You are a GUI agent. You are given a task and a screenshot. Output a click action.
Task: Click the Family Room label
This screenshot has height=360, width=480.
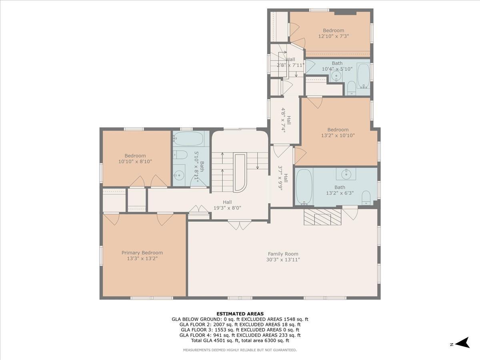(283, 254)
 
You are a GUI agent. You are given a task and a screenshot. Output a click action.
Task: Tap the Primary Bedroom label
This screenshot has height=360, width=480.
(142, 252)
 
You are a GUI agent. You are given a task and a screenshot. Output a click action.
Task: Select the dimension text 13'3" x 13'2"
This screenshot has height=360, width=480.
(142, 258)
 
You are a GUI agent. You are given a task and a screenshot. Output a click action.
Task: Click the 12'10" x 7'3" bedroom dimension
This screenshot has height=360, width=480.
(333, 36)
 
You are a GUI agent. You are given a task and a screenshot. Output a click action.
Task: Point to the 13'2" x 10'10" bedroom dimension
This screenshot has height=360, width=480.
(338, 135)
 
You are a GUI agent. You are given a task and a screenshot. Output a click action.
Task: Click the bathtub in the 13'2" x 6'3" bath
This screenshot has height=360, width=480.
(304, 187)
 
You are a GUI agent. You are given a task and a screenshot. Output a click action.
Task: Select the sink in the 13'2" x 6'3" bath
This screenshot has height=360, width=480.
(346, 174)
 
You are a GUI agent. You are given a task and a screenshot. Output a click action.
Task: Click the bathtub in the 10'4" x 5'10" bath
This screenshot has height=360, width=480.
(363, 76)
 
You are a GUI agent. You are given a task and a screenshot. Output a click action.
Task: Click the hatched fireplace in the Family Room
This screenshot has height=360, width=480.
(322, 216)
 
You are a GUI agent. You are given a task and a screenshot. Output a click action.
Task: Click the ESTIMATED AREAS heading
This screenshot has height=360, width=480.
(240, 314)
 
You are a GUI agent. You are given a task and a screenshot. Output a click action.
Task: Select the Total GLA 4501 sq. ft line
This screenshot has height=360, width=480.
(240, 340)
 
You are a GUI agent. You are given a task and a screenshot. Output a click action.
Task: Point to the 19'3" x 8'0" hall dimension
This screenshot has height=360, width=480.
(227, 208)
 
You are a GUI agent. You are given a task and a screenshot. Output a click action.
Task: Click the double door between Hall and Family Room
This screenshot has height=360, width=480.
(239, 224)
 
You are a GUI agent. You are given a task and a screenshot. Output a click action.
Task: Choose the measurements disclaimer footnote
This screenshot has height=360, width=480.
(240, 350)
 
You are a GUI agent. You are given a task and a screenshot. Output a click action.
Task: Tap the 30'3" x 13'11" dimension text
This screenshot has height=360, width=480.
(283, 260)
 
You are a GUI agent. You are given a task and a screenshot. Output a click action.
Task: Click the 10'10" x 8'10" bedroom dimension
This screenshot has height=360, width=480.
(135, 162)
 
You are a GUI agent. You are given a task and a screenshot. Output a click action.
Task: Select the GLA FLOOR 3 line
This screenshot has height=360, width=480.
(240, 330)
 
